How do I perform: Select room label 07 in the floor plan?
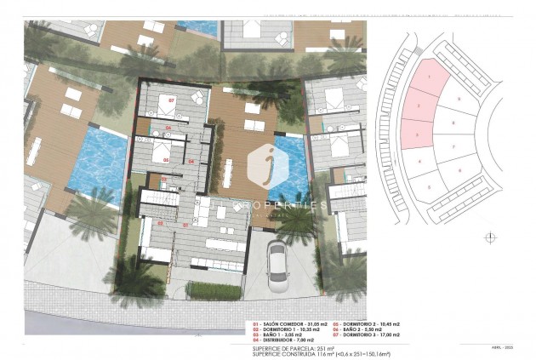[171, 100]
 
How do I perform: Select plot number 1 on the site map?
[429, 77]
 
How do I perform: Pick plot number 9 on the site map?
[459, 100]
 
